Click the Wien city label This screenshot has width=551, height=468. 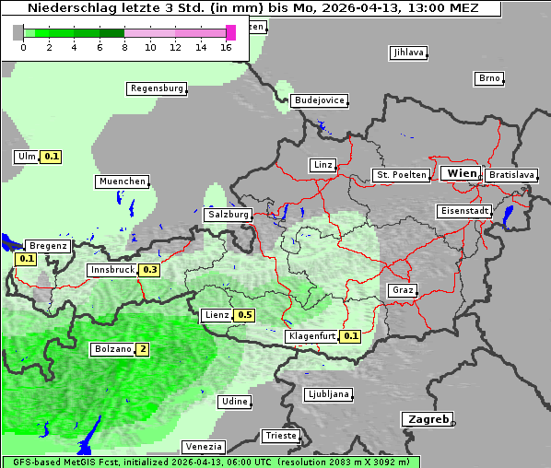click(462, 173)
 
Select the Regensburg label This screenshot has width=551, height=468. click(157, 88)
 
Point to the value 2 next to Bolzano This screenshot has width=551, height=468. click(143, 349)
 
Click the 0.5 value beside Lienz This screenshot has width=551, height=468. click(244, 315)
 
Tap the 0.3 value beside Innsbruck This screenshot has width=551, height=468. click(149, 270)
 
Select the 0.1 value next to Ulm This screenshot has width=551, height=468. click(52, 157)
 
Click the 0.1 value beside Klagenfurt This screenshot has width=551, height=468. click(350, 336)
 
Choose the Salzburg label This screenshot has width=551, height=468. click(229, 214)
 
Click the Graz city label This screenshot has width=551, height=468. click(403, 290)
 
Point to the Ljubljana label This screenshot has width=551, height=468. click(328, 394)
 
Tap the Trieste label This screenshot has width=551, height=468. click(281, 435)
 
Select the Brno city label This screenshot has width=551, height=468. click(489, 78)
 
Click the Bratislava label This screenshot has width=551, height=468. click(511, 174)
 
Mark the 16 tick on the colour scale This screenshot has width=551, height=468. click(226, 47)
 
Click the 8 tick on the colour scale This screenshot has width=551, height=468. click(124, 47)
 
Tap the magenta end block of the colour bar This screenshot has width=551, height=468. click(230, 33)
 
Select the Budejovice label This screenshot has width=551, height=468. click(319, 99)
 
